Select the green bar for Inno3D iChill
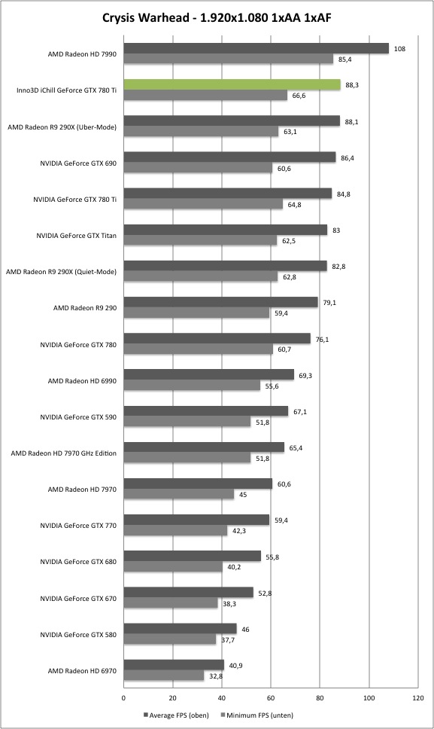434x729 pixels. (232, 84)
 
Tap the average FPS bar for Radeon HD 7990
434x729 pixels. (256, 48)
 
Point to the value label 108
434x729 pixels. (399, 49)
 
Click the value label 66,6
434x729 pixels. (299, 96)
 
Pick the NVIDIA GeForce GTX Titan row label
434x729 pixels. (76, 236)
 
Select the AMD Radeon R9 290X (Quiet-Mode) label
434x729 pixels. (61, 272)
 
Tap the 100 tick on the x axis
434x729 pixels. (369, 698)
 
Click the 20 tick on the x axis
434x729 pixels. (173, 698)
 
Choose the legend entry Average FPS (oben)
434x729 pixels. (176, 715)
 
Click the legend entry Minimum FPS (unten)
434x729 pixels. (256, 715)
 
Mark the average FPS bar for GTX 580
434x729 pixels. (180, 629)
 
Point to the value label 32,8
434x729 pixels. (216, 676)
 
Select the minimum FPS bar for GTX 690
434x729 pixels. (199, 168)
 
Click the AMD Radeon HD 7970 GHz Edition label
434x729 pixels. (64, 453)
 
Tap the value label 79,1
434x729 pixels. (329, 303)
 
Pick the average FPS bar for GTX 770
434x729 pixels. (197, 520)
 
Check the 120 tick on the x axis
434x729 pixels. (417, 698)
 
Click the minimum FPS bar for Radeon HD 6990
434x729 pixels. (192, 386)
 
